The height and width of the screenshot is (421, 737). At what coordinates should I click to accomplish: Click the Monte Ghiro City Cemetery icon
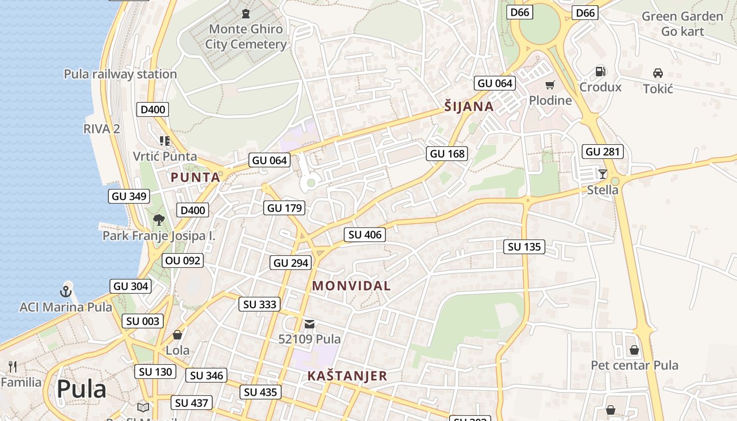pyautogui.click(x=245, y=13)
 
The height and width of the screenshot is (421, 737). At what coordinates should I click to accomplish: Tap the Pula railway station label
pyautogui.click(x=120, y=74)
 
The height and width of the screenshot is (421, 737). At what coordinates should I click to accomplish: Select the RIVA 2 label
pyautogui.click(x=102, y=128)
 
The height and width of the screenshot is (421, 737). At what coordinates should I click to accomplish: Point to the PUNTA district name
pyautogui.click(x=195, y=177)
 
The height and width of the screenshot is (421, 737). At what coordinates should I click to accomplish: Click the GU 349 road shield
pyautogui.click(x=129, y=196)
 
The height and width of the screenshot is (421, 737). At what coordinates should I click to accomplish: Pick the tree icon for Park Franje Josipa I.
pyautogui.click(x=158, y=219)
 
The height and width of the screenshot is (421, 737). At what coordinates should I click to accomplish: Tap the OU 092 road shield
pyautogui.click(x=182, y=260)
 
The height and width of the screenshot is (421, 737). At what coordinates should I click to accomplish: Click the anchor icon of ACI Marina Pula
pyautogui.click(x=66, y=291)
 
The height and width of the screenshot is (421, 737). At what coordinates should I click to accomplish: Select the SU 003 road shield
pyautogui.click(x=143, y=321)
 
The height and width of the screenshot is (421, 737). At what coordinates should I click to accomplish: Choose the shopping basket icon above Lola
pyautogui.click(x=177, y=335)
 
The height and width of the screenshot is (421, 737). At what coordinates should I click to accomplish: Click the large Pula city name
pyautogui.click(x=81, y=389)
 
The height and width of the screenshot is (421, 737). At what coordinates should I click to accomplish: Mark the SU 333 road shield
pyautogui.click(x=260, y=304)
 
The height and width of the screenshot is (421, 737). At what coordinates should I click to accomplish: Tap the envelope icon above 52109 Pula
pyautogui.click(x=310, y=324)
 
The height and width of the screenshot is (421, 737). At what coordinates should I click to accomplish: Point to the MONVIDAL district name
pyautogui.click(x=351, y=286)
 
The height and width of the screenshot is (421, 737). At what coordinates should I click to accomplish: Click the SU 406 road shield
pyautogui.click(x=365, y=235)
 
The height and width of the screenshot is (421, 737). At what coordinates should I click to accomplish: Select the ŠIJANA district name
pyautogui.click(x=469, y=107)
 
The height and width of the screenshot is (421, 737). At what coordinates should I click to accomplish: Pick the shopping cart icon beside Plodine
pyautogui.click(x=550, y=85)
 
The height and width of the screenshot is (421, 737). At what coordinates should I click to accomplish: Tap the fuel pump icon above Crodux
pyautogui.click(x=600, y=72)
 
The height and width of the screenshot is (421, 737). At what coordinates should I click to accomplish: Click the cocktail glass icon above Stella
pyautogui.click(x=603, y=174)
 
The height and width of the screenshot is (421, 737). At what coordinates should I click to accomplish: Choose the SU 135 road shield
pyautogui.click(x=524, y=247)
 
